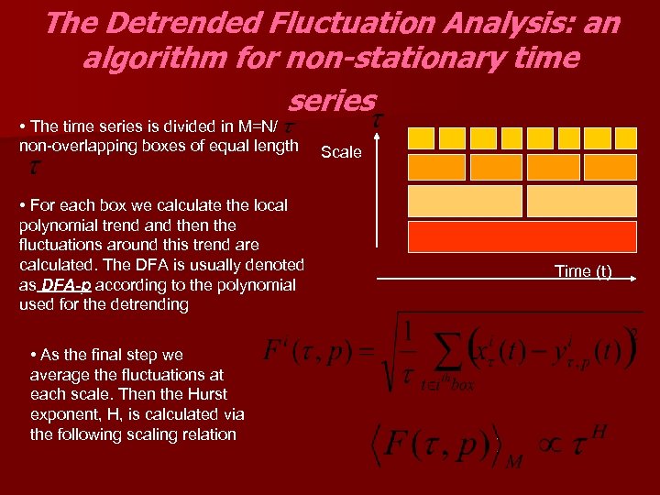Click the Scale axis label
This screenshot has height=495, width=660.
click(342, 152)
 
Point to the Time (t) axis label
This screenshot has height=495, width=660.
click(583, 271)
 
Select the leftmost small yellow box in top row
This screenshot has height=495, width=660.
click(421, 137)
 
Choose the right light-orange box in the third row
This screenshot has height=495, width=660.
click(585, 201)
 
